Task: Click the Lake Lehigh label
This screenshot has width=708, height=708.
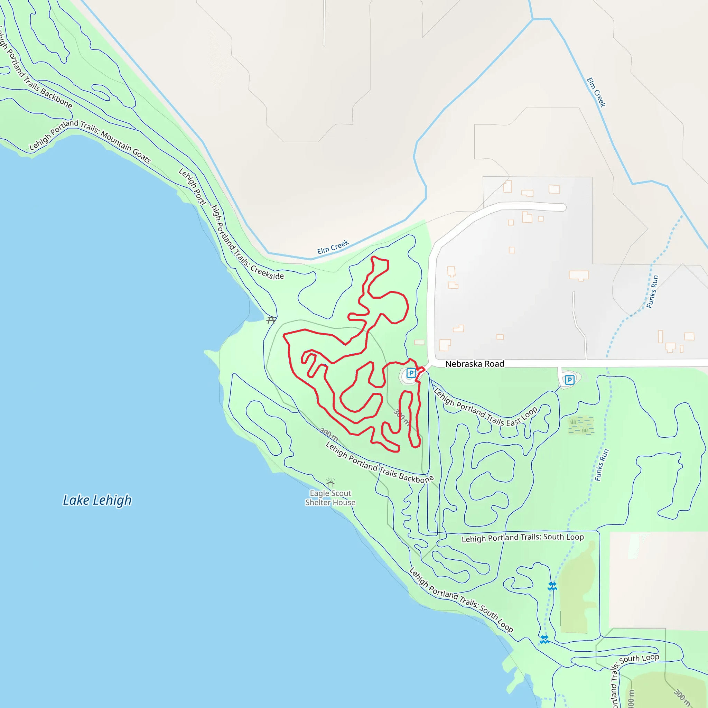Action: [x=97, y=500]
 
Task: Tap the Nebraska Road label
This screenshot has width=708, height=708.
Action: [x=475, y=364]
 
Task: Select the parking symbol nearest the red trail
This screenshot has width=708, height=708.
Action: [x=411, y=373]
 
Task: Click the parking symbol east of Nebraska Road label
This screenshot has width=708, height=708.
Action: [x=569, y=380]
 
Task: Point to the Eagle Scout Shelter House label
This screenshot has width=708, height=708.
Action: [x=330, y=498]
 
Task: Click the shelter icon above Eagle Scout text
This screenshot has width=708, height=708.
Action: [x=330, y=483]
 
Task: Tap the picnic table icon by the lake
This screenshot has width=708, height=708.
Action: [x=271, y=320]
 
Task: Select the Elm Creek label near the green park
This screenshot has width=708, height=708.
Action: [x=333, y=248]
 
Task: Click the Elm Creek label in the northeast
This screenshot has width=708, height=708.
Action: [x=596, y=92]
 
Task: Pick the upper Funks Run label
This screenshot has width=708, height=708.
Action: [x=652, y=292]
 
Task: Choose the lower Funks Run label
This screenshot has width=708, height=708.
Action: [x=602, y=465]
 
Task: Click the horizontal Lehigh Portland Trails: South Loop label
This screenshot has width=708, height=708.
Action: [x=523, y=538]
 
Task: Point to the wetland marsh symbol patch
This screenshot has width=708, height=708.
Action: [x=580, y=425]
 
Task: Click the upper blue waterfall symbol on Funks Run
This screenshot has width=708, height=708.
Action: [x=552, y=586]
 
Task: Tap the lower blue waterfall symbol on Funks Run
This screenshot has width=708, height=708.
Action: [x=544, y=640]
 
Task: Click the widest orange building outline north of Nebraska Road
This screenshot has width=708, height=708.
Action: [x=579, y=275]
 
